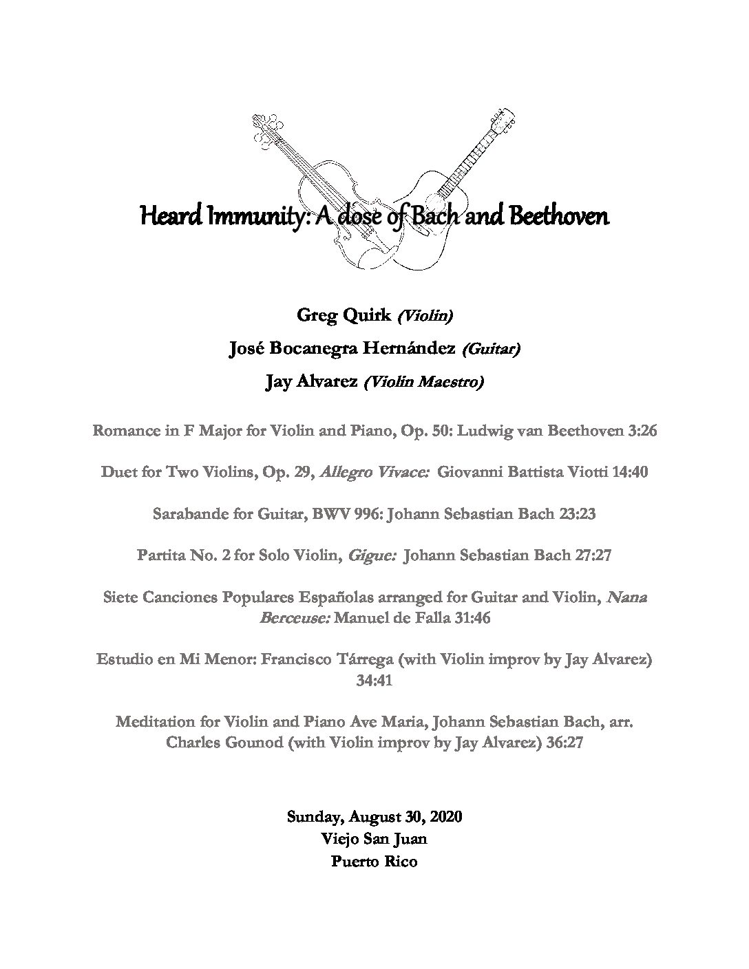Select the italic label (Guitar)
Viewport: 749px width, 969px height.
tap(491, 350)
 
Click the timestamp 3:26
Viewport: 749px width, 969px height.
tap(643, 432)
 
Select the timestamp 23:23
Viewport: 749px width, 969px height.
tap(576, 515)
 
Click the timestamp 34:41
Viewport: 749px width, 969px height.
tap(374, 681)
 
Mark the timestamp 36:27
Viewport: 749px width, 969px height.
tap(565, 744)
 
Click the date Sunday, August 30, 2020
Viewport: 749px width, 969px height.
tap(374, 817)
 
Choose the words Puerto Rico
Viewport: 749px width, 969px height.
tap(374, 861)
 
